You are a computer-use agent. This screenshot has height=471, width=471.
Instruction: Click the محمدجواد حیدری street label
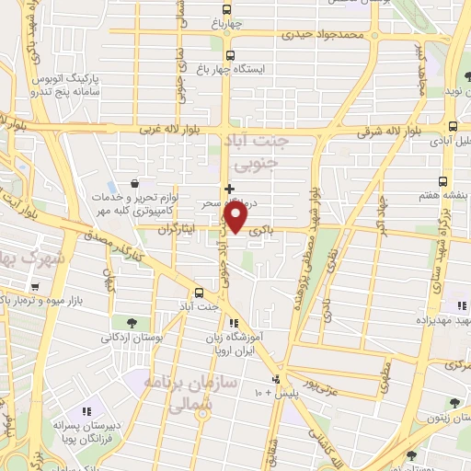(374, 37)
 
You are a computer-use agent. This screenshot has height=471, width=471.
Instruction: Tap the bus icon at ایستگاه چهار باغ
(229, 54)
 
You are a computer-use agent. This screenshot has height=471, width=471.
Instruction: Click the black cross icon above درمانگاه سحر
(229, 188)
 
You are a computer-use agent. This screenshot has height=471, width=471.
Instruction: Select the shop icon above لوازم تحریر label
(136, 182)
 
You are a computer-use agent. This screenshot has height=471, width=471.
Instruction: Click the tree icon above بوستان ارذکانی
(132, 323)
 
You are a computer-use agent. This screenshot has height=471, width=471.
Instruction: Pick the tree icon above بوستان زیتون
(453, 403)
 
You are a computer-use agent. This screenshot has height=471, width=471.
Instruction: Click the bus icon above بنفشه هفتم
(443, 181)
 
